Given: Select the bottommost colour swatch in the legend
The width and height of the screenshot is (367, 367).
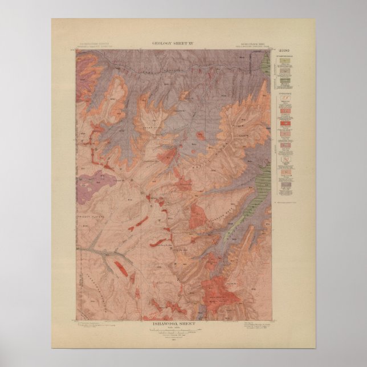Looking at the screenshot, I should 286,187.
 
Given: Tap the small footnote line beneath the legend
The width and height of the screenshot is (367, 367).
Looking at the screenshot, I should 287,201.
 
